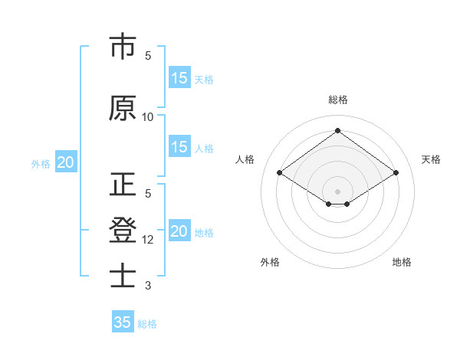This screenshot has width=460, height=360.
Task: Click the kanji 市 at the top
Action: tap(123, 47)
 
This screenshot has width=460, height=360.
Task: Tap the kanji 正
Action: tap(123, 186)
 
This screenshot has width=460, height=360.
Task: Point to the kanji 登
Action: tap(123, 230)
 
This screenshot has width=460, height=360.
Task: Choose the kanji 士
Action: tap(123, 275)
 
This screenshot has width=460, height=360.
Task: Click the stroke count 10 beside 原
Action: tap(148, 117)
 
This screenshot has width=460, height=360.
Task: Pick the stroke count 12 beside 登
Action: tap(148, 240)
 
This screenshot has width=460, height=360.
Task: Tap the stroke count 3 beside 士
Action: tap(148, 286)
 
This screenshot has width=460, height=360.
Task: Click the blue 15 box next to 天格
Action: tap(179, 77)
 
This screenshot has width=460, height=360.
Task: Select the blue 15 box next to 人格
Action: tap(179, 147)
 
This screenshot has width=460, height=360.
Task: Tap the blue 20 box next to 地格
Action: tap(179, 231)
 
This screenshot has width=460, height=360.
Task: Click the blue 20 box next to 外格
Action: tap(65, 162)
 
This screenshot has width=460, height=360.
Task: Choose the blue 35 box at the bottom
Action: tap(123, 322)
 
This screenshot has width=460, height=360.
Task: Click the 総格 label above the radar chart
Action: tap(337, 100)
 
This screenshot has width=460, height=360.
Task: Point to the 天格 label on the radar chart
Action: tap(431, 159)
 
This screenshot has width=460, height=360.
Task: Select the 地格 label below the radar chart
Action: tap(402, 262)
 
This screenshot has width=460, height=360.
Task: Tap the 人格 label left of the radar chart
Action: tap(245, 159)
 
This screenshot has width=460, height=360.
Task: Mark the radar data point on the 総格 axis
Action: tap(337, 130)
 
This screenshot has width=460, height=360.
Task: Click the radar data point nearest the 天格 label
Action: tap(396, 173)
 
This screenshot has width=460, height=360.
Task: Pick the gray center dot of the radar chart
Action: tap(337, 190)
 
